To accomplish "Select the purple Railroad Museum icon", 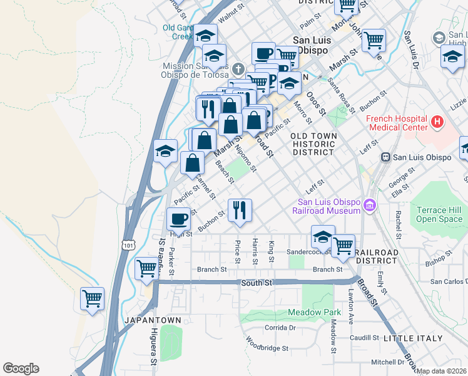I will [x=370, y=206].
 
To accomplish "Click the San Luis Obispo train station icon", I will [x=386, y=157].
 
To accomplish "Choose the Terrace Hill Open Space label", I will [x=439, y=215].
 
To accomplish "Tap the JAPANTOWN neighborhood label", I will [x=153, y=320].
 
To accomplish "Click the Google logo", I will [x=21, y=368].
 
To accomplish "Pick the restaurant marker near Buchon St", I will [x=240, y=210].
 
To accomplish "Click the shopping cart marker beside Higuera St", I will [x=146, y=268].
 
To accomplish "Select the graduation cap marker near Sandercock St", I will [x=323, y=237].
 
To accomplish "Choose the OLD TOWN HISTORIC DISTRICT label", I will [x=313, y=144].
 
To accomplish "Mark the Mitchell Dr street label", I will [x=387, y=362].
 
